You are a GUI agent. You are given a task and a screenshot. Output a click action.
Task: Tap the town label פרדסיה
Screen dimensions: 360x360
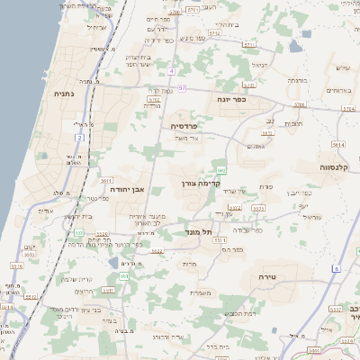[x=184, y=127]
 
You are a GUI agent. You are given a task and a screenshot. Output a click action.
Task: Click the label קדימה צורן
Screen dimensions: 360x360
[x=202, y=183]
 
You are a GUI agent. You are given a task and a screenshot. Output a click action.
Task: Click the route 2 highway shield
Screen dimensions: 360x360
[x=79, y=138]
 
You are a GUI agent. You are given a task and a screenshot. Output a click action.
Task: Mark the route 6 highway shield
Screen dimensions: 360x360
[x=336, y=268]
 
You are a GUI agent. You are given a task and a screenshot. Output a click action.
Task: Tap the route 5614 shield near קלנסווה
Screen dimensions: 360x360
[x=337, y=144]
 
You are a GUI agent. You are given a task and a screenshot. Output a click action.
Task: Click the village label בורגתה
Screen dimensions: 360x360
[x=297, y=80]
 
